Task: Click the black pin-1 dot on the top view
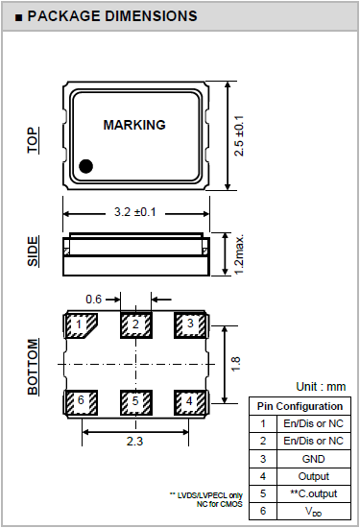(85, 166)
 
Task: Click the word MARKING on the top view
(134, 125)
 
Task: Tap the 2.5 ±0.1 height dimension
(239, 135)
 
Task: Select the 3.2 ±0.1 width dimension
(135, 212)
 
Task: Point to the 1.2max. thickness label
(239, 254)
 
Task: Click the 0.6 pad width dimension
(93, 299)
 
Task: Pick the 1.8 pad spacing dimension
(236, 364)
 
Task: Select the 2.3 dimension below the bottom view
(134, 441)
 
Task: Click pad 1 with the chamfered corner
(81, 325)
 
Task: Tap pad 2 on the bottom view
(136, 325)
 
